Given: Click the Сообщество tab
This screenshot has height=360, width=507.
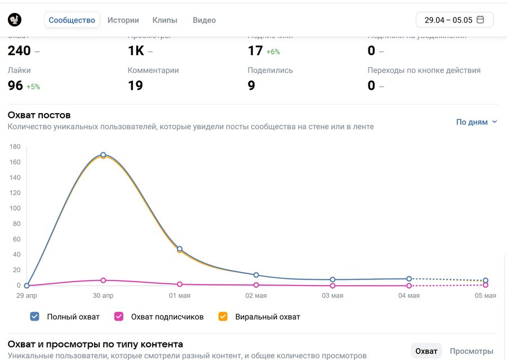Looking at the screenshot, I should point(72,20).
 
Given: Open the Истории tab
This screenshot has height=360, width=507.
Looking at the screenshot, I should point(123,20).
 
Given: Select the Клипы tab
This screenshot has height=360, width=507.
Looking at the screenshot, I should point(164,20).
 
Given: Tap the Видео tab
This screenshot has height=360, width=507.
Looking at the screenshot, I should point(204,20).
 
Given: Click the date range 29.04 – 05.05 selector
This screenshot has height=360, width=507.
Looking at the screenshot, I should point(454,20).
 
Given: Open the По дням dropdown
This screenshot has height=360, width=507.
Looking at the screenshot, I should point(477,122).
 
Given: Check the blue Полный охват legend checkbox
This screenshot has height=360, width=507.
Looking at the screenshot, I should point(35,317).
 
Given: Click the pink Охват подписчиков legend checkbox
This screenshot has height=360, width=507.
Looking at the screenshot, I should point(119,317).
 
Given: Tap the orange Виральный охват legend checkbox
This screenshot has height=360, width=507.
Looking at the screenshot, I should point(223,317).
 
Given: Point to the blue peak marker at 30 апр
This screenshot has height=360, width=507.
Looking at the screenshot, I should point(103,155).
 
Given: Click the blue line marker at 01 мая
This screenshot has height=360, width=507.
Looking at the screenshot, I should point(180,248).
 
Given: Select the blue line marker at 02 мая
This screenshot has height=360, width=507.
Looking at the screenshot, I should point(256,275).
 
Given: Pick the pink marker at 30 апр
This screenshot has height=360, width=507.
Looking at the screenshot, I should point(103,280).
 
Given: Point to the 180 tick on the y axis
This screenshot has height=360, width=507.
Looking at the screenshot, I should point(15,147).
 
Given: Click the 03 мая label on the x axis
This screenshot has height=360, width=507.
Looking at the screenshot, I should point(332,296).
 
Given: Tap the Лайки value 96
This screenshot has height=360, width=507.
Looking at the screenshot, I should point(15,86).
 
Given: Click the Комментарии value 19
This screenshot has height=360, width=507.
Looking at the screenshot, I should point(135,86).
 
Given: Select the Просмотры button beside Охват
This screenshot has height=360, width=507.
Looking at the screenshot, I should point(471,351).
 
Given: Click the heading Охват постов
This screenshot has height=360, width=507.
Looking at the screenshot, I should point(39,115).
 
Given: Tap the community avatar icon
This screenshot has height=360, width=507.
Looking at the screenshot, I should point(15,20).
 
